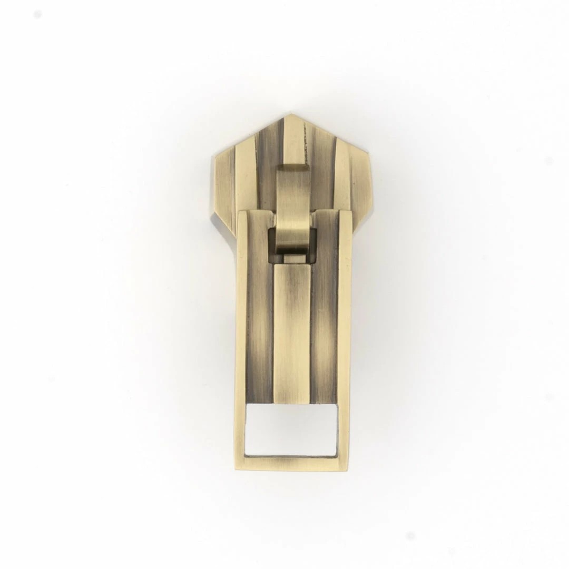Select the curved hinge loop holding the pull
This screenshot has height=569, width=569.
(x=293, y=211)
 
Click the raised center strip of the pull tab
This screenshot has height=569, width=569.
(x=291, y=337)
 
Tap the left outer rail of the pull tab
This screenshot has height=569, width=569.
(x=241, y=337)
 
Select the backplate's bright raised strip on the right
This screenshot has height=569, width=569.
(x=342, y=174)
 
